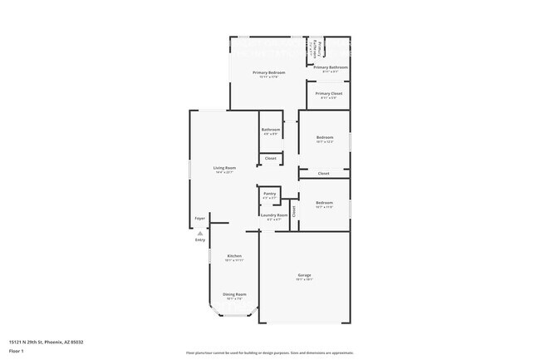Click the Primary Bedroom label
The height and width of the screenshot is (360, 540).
269,72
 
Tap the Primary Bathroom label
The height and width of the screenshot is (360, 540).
331,67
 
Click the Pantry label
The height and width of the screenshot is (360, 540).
269,194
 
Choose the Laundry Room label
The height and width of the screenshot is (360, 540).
273,215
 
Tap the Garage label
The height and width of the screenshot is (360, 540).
305,274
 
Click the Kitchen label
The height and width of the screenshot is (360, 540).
233,256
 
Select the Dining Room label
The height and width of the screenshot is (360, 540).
234,293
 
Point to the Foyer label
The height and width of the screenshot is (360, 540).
200,219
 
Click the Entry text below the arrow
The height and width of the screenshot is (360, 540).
200,240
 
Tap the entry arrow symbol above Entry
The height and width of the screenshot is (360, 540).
200,234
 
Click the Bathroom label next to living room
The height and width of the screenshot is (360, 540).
271,129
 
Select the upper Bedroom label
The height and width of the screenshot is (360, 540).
324,137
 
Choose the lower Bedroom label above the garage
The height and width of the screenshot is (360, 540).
324,202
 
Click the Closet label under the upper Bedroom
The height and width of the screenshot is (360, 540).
324,173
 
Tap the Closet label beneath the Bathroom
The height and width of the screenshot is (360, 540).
270,158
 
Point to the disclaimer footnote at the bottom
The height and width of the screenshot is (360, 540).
269,354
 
